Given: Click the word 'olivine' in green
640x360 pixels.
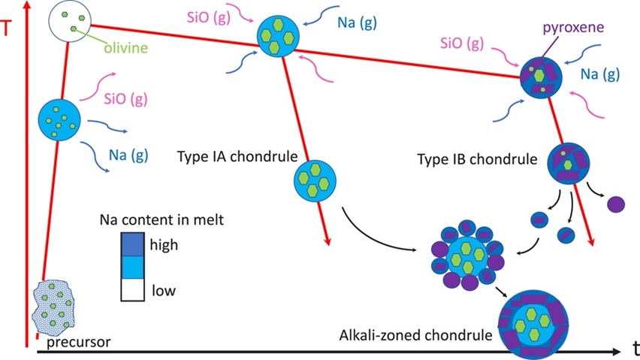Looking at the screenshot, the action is (125, 48).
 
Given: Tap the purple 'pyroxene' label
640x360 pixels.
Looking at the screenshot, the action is (573, 27).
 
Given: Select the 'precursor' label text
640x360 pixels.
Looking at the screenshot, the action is (78, 342).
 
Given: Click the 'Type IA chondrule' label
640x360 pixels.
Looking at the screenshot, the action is (237, 156).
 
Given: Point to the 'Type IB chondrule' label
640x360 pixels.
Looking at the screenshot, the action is (477, 159).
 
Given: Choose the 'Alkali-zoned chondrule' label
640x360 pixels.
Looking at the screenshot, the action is (416, 335).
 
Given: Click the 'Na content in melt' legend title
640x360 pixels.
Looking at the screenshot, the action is (162, 219).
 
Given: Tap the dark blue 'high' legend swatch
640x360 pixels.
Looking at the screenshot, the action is (132, 244).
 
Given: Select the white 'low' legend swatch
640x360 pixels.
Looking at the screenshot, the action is (132, 290).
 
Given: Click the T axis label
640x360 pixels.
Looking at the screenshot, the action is (6, 29).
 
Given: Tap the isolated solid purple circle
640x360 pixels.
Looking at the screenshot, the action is (616, 204).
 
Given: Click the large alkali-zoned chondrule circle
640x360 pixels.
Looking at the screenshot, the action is (533, 325).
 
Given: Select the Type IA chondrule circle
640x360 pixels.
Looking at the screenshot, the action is (315, 181).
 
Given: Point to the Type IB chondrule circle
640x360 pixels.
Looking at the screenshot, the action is (568, 163).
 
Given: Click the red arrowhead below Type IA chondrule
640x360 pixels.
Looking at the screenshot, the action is (327, 241).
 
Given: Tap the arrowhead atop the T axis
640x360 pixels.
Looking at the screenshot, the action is (27, 6).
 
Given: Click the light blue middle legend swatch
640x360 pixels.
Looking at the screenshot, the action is (132, 268).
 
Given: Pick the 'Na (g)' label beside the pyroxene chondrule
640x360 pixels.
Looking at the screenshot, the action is (600, 74).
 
